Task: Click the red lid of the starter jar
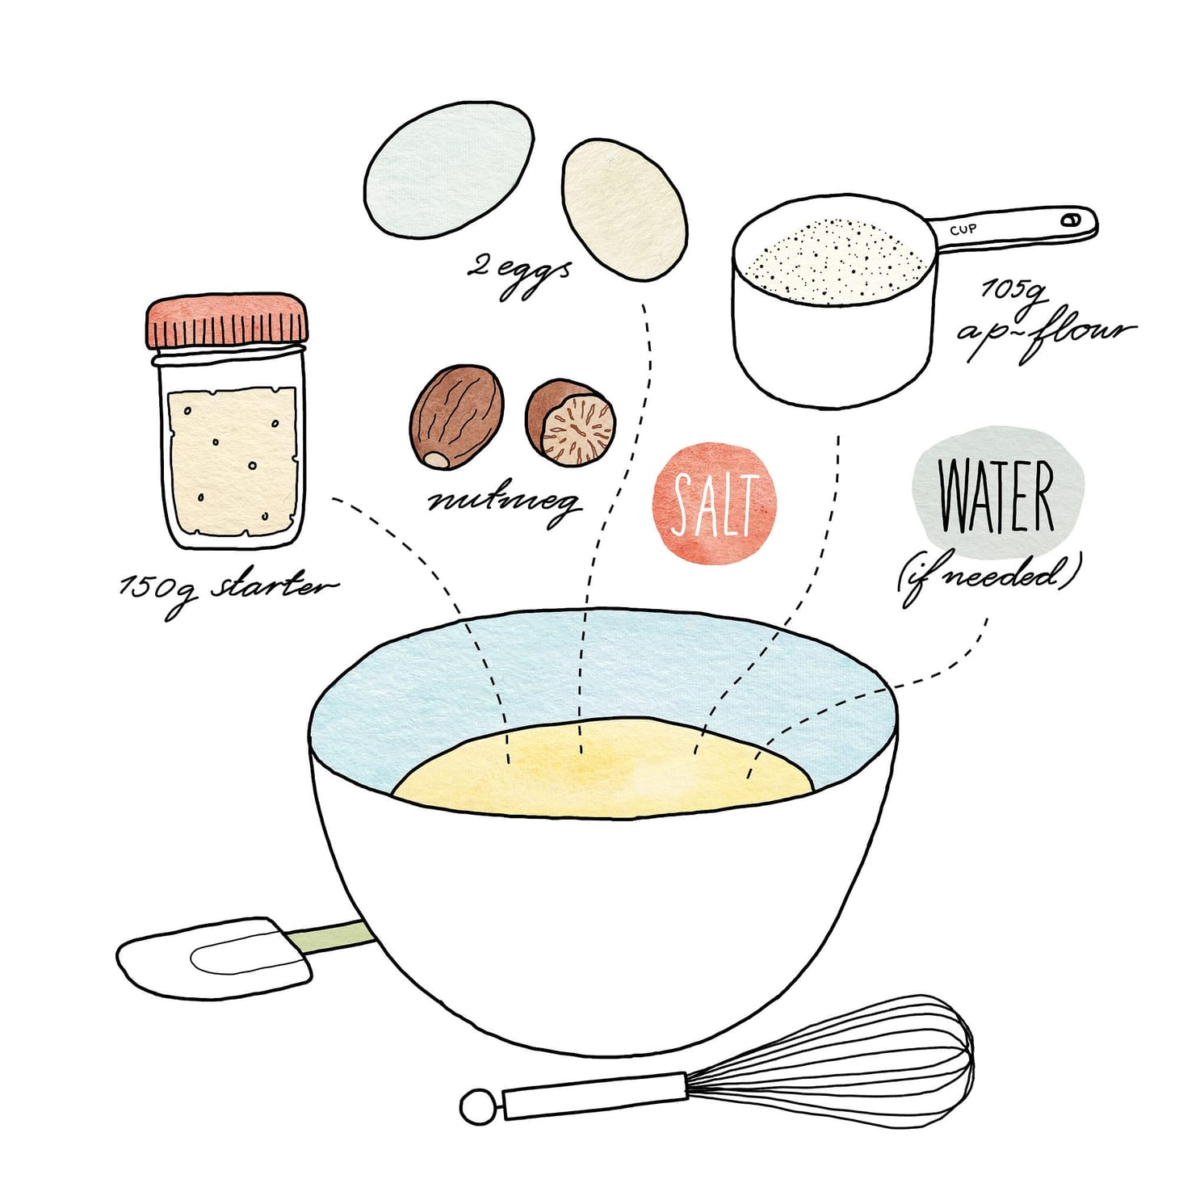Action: [x=226, y=321]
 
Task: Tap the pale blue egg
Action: [x=448, y=170]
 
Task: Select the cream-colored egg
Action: [x=624, y=209]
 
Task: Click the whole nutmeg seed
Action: [x=456, y=417]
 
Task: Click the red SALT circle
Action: [x=714, y=502]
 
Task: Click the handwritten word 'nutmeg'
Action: [x=504, y=502]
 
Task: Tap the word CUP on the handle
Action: [x=963, y=229]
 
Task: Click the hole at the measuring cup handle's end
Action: [x=1071, y=219]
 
